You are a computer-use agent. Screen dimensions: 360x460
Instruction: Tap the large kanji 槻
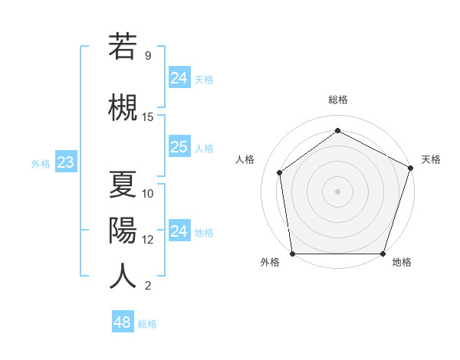(x=123, y=106)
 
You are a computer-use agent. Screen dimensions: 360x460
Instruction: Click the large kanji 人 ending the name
(x=123, y=275)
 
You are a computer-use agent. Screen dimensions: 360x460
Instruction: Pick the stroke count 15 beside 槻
(x=148, y=117)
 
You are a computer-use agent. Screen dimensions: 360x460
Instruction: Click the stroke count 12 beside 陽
(x=148, y=239)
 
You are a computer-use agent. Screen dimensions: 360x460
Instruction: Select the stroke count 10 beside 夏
(x=148, y=193)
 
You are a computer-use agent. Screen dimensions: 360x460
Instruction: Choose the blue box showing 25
(x=179, y=147)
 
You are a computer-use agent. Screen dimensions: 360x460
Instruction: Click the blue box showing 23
(x=65, y=162)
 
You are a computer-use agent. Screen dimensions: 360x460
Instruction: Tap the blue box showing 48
(x=122, y=322)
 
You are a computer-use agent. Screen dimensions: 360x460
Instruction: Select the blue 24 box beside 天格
(x=179, y=77)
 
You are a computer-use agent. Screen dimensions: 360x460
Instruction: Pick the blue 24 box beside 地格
(x=179, y=231)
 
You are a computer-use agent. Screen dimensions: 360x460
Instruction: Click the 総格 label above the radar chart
(x=338, y=100)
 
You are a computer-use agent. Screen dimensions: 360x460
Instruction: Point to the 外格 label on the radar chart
(x=270, y=262)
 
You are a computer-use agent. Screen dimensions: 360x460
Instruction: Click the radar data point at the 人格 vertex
(x=280, y=172)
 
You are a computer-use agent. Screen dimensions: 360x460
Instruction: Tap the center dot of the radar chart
(x=337, y=191)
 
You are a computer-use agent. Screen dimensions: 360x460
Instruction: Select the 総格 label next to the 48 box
(x=147, y=324)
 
